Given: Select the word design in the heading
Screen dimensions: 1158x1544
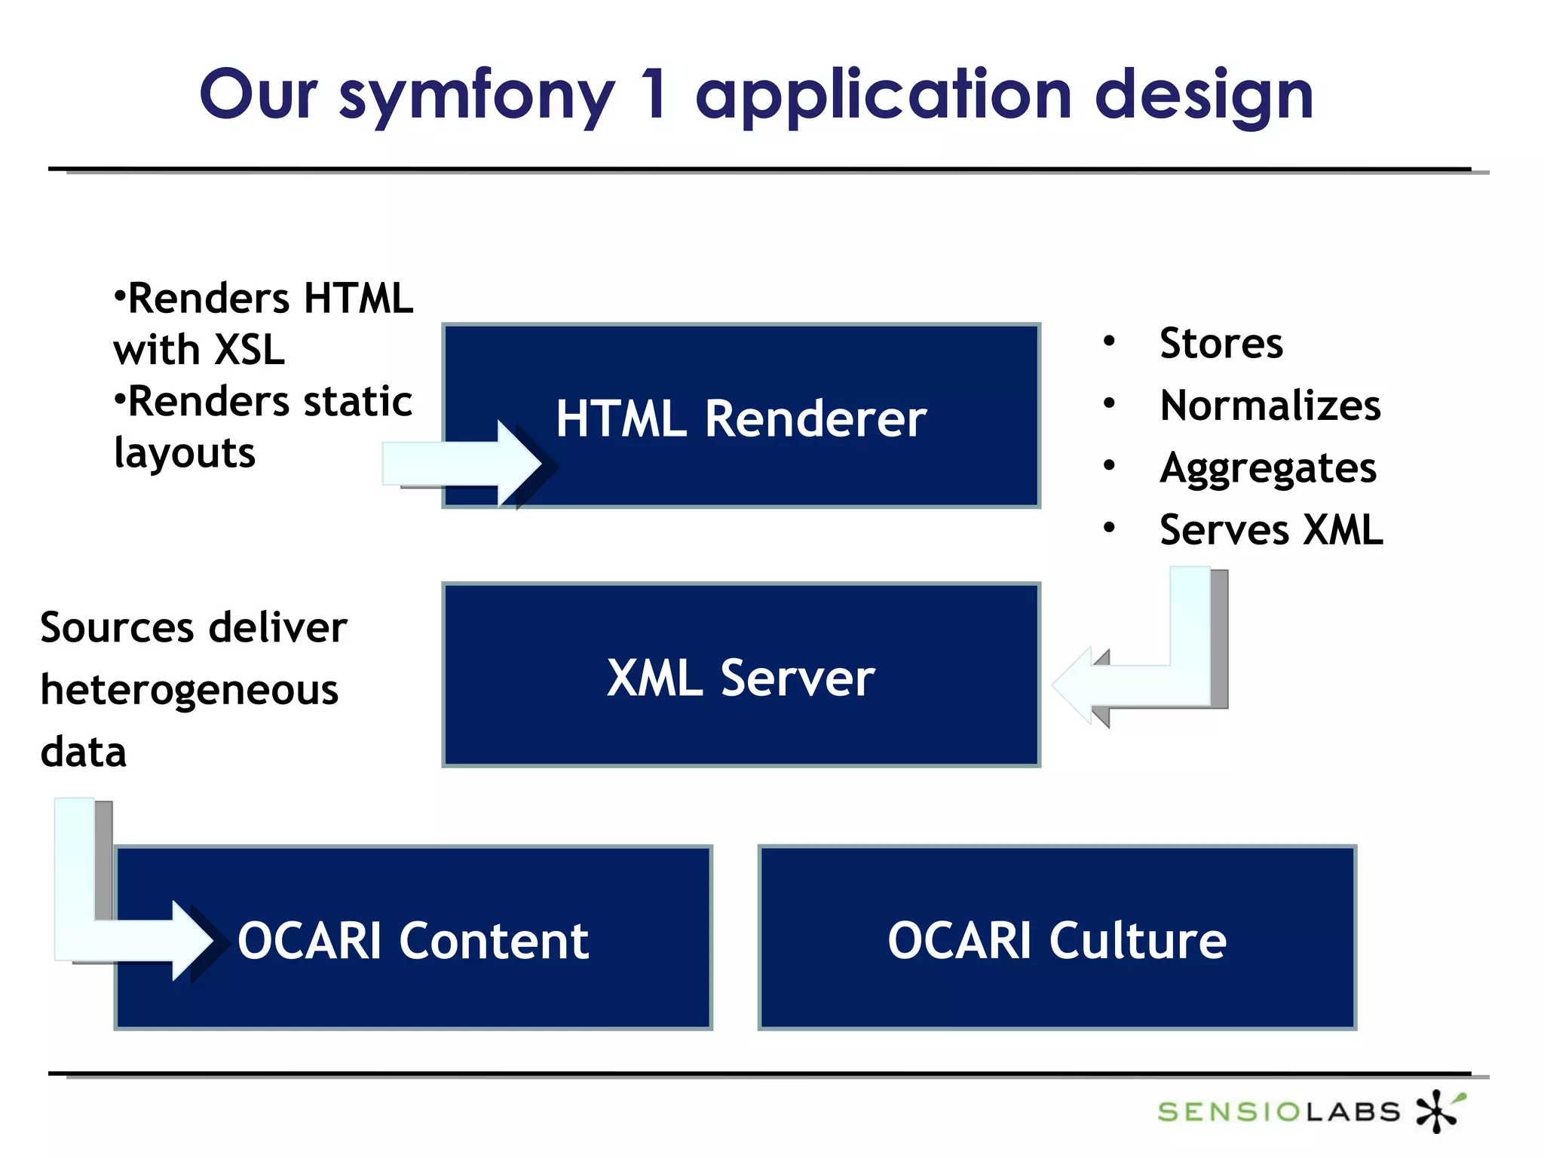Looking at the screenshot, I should (1204, 96).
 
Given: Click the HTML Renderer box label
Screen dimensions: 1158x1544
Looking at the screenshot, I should (741, 418).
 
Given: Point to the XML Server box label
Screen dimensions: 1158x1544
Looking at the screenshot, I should (741, 678).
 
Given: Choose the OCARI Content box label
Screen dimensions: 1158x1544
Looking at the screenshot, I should (413, 941).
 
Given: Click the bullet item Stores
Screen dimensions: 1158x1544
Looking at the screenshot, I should (1221, 344).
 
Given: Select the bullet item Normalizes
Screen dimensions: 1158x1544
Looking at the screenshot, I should (1270, 406).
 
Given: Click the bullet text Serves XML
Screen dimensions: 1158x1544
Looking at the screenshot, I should (1271, 530).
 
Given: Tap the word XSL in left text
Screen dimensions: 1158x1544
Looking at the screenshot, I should (250, 351).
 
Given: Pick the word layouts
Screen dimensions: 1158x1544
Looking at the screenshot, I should (185, 453).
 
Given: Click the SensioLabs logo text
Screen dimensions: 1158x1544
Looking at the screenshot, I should (1279, 1111).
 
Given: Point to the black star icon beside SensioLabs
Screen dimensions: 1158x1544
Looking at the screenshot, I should (1438, 1111).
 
